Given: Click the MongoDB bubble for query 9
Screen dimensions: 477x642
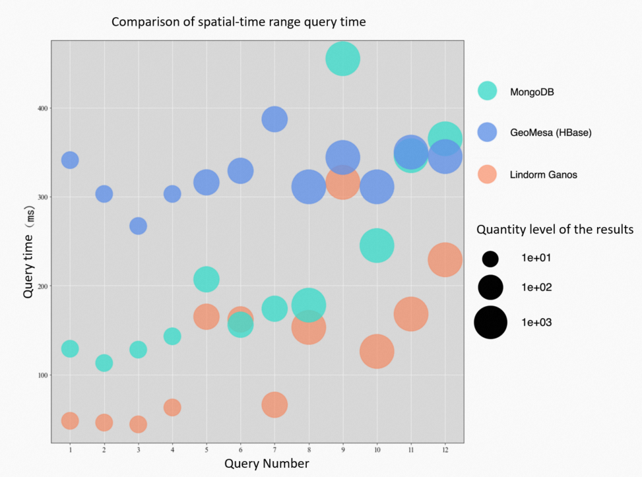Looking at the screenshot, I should click(x=342, y=59).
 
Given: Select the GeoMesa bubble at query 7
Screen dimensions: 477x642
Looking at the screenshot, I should click(x=274, y=119).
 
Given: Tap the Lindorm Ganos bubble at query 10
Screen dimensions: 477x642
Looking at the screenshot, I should click(x=377, y=351).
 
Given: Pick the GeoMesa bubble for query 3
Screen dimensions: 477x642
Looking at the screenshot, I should click(x=138, y=226).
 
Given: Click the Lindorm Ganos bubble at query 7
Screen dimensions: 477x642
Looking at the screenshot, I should click(x=274, y=404).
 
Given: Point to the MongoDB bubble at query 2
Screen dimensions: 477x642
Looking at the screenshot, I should click(x=104, y=362).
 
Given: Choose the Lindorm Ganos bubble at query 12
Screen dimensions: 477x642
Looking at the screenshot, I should click(x=445, y=259).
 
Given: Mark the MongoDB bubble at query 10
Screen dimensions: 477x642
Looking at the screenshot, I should click(x=377, y=245).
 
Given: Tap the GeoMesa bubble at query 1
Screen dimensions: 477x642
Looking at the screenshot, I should click(x=70, y=160).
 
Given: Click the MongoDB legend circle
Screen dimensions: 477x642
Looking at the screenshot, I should click(x=487, y=91).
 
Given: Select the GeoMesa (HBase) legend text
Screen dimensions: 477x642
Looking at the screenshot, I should click(x=550, y=133).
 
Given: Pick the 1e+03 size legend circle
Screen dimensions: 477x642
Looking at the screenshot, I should click(x=490, y=323).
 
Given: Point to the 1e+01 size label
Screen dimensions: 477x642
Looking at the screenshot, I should click(x=536, y=257).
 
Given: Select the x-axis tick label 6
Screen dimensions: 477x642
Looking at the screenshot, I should click(x=240, y=449).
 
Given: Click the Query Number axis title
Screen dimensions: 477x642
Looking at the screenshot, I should click(x=267, y=463).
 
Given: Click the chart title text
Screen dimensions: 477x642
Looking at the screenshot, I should click(x=238, y=22).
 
